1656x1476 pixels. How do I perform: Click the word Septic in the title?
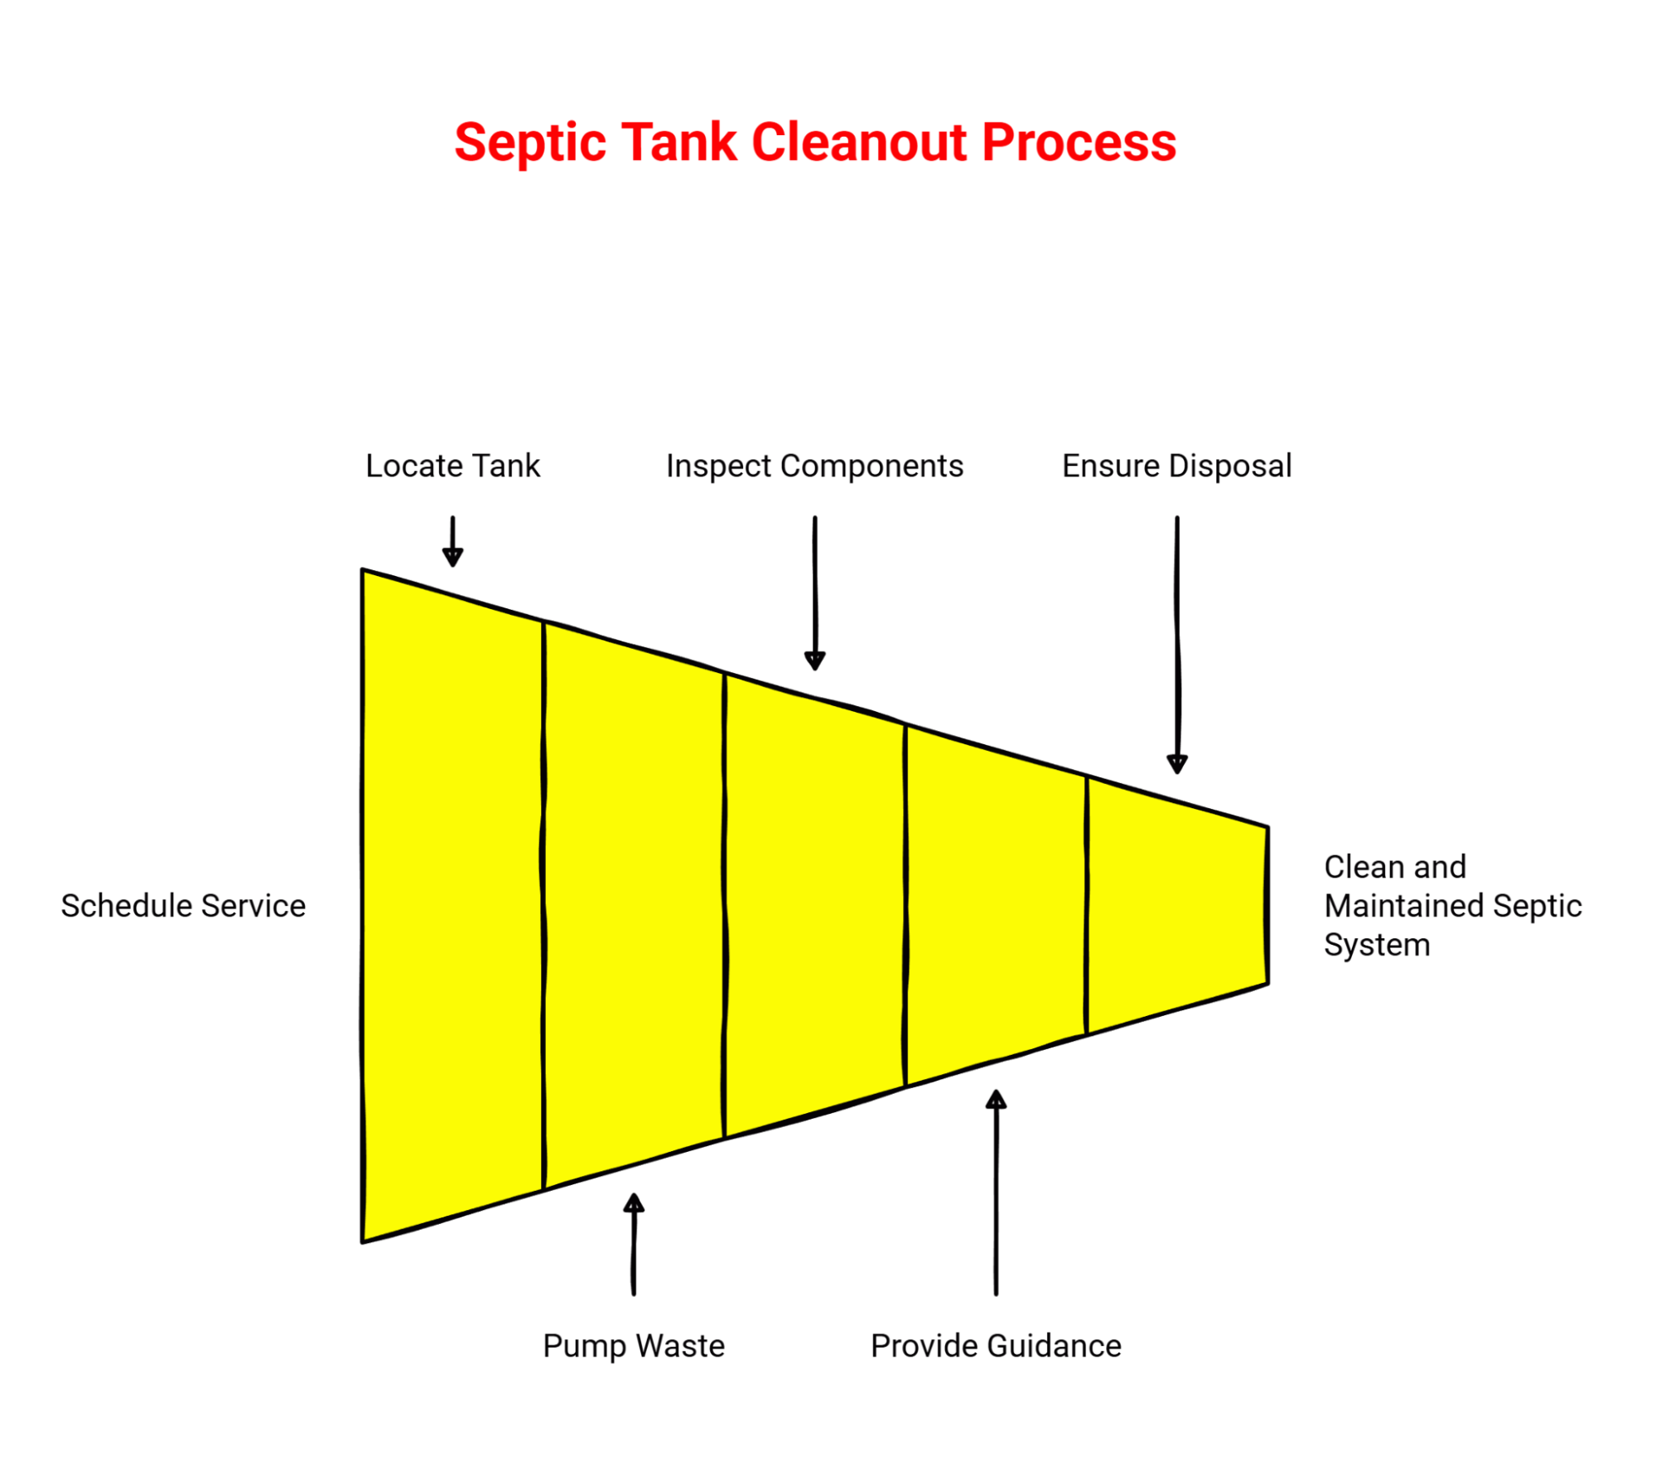[x=530, y=143]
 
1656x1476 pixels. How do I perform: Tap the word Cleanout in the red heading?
[x=859, y=143]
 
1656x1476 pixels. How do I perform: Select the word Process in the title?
[x=1079, y=143]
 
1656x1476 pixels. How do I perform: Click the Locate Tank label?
[x=452, y=466]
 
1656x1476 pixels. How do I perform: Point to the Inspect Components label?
[x=814, y=466]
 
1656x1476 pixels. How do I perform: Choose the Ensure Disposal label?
[x=1176, y=466]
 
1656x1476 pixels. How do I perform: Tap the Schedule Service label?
[x=183, y=906]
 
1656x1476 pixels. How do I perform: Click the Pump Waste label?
[x=634, y=1346]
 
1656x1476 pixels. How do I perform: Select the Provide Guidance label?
[x=996, y=1346]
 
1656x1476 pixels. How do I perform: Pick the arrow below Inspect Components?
[x=814, y=593]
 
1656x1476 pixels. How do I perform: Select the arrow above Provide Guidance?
[x=996, y=1193]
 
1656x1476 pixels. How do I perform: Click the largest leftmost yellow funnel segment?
[x=453, y=906]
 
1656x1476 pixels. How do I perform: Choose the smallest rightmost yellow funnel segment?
[x=1176, y=906]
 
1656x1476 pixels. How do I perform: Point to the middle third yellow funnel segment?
[x=815, y=906]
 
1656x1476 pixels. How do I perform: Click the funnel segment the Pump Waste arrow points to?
[x=634, y=906]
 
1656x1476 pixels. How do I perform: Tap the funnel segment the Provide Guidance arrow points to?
[x=996, y=906]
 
